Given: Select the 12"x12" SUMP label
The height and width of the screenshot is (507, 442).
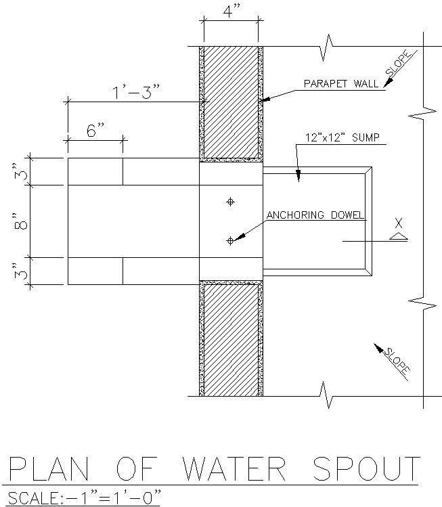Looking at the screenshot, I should (x=342, y=138).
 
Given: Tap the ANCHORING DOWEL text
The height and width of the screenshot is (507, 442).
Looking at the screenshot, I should (x=315, y=216).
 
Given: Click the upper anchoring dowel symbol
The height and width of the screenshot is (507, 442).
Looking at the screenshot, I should (x=230, y=202).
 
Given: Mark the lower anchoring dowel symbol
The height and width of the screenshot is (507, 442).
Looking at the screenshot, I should (x=230, y=240).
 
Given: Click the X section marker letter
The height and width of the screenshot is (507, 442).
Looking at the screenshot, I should (x=399, y=223).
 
